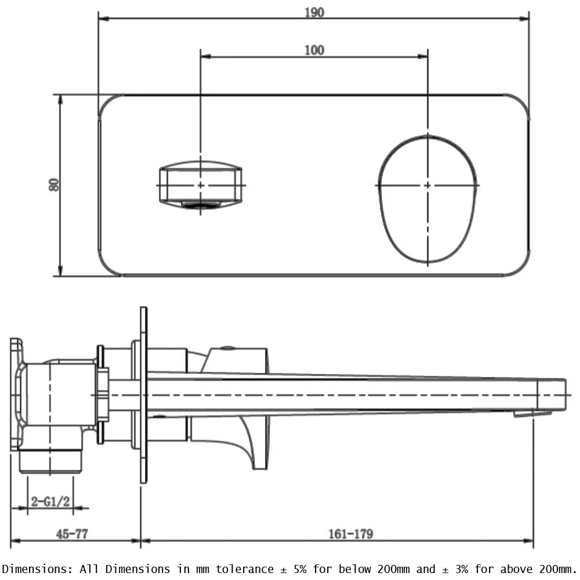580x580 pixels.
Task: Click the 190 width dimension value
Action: [314, 12]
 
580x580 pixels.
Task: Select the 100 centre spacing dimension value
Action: [314, 50]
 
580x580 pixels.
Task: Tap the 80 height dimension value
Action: [54, 185]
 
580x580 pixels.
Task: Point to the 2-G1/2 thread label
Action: [50, 501]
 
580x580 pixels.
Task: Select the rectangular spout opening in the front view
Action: [201, 184]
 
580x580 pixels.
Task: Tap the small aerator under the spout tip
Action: [531, 414]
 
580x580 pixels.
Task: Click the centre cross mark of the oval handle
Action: [428, 185]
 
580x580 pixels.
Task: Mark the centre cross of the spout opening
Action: [201, 184]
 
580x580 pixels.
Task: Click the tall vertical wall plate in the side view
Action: [143, 394]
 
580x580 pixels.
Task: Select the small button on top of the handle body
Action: [229, 348]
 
